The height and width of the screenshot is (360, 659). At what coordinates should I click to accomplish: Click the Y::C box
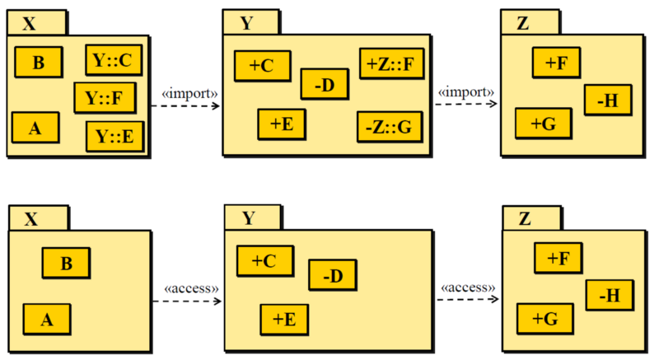point(112,60)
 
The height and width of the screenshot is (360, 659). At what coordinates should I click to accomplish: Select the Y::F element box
point(104,98)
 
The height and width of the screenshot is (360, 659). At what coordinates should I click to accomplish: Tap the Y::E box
point(114,135)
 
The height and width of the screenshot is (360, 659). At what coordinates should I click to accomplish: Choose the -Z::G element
point(387,127)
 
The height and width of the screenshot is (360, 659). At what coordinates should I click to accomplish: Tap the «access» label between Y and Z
point(468,288)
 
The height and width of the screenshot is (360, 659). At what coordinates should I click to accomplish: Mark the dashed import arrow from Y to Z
point(465,105)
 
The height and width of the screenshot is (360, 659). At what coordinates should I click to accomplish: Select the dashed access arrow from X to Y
point(188,302)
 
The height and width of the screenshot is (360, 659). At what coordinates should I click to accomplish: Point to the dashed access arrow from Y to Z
point(468,300)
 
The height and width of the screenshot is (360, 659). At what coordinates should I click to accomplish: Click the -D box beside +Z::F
point(325,83)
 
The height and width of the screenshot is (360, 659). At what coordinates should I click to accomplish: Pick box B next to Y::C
point(39,63)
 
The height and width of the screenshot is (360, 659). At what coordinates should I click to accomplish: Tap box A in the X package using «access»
point(46,317)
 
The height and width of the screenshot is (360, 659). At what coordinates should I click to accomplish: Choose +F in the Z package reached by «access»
point(559,258)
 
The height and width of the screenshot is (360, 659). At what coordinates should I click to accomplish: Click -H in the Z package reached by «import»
point(609,101)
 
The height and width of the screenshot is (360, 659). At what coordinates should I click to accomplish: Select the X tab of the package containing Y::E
point(31,24)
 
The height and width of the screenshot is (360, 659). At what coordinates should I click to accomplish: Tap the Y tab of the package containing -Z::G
point(247,23)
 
